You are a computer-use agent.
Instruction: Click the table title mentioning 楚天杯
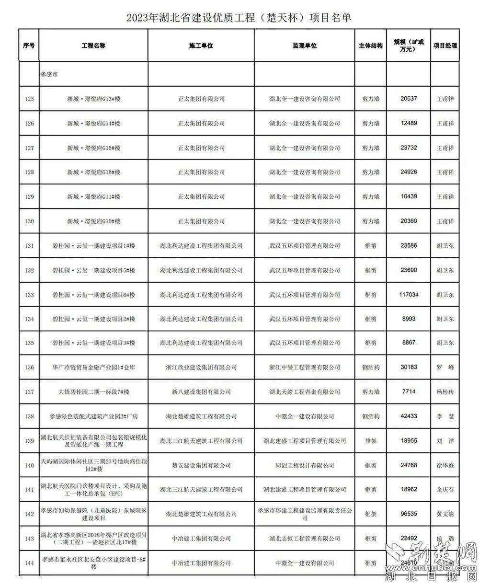point(239,18)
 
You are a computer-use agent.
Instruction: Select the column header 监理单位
point(305,46)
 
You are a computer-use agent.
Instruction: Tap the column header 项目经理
point(445,46)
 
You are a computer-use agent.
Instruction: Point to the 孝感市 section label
point(49,75)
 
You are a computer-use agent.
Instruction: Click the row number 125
point(29,99)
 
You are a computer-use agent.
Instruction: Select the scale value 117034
point(409,295)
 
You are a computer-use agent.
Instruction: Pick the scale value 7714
point(409,392)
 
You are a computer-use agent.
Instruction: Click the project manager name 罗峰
point(445,368)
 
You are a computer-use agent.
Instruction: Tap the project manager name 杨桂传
point(445,392)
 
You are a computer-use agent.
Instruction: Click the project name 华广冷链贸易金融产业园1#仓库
point(93,368)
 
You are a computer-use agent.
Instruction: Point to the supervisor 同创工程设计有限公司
point(305,465)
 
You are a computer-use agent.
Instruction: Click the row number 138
point(29,416)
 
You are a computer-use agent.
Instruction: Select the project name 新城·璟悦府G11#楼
point(93,197)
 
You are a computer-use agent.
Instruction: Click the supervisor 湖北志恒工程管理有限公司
point(305,539)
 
